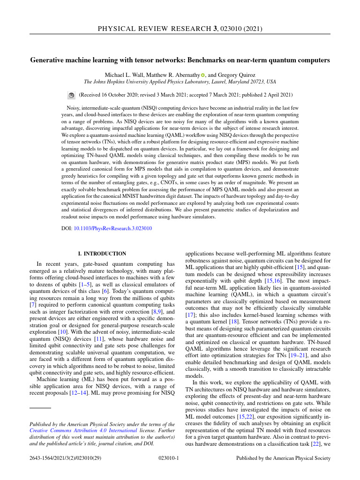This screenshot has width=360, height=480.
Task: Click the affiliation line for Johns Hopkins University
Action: pyautogui.click(x=180, y=82)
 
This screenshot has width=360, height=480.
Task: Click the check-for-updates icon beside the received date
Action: pyautogui.click(x=72, y=95)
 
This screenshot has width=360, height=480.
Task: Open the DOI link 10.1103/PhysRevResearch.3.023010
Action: pyautogui.click(x=113, y=229)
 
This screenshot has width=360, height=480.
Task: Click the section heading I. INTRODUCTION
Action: pyautogui.click(x=102, y=254)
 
